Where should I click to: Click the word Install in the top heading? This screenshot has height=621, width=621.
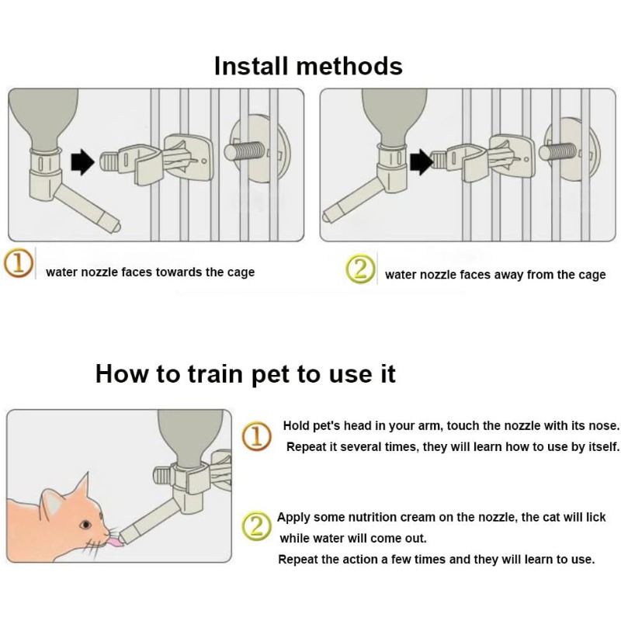(x=251, y=66)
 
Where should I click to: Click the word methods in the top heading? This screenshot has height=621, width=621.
(x=350, y=66)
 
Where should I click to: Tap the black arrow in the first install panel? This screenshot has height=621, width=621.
(x=83, y=161)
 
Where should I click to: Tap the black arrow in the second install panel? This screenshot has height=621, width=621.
(x=422, y=161)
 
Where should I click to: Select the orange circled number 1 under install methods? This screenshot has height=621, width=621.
(x=18, y=263)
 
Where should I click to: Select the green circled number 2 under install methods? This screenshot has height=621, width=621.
(x=360, y=269)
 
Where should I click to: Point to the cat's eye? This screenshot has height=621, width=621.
(x=85, y=526)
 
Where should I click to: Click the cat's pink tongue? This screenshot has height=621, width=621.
(x=115, y=542)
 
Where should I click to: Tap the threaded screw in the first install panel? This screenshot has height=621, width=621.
(x=245, y=151)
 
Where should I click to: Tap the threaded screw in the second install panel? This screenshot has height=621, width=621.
(x=557, y=151)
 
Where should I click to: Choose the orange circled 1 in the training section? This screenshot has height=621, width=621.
(x=257, y=436)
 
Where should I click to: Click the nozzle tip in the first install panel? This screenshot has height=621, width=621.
(x=116, y=227)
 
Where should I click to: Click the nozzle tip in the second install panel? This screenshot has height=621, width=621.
(x=326, y=217)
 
